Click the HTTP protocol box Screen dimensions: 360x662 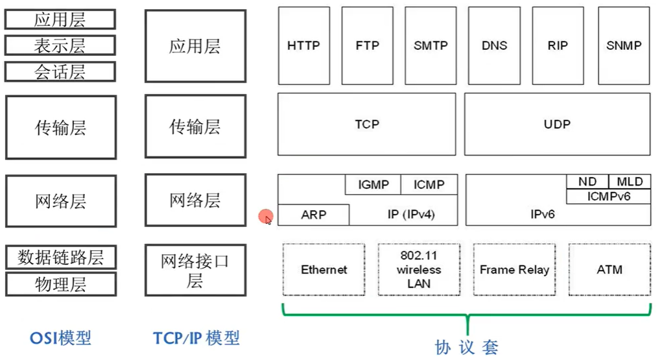[303, 46]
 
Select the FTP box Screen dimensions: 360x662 [367, 46]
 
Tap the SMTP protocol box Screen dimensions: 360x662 [431, 46]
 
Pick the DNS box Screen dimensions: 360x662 [494, 46]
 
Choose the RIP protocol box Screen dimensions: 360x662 [558, 46]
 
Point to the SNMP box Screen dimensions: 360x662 [624, 46]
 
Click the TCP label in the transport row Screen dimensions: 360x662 [367, 124]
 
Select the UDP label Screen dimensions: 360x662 [557, 124]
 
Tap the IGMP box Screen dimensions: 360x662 [373, 185]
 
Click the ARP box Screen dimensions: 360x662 [314, 215]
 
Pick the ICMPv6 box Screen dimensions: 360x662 [608, 196]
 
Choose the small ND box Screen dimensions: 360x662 [587, 182]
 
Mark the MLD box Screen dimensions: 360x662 [630, 182]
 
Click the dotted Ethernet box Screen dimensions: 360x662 [324, 270]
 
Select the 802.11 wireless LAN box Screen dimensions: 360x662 [419, 270]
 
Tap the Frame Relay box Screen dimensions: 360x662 [514, 270]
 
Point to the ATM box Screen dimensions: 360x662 [609, 270]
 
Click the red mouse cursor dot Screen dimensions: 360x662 [265, 217]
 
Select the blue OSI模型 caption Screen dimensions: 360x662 [60, 338]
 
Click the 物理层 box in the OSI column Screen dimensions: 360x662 [60, 284]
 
